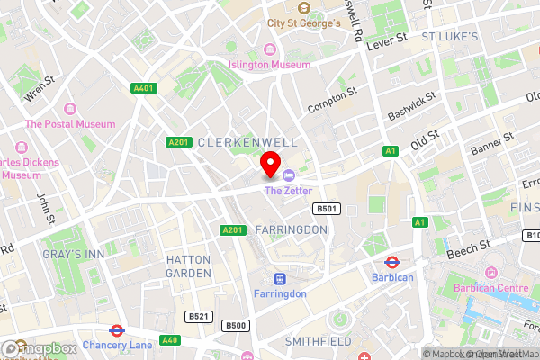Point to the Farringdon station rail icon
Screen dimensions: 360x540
tap(279, 279)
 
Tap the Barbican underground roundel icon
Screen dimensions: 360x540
tap(392, 263)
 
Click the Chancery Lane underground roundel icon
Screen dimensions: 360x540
tap(117, 330)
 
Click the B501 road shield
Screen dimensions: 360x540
tap(325, 209)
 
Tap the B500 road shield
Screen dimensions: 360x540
tap(236, 325)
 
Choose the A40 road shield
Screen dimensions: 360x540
tap(169, 339)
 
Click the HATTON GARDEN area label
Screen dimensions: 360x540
tap(189, 265)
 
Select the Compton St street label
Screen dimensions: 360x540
tap(332, 99)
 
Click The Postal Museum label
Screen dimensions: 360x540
tap(70, 124)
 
